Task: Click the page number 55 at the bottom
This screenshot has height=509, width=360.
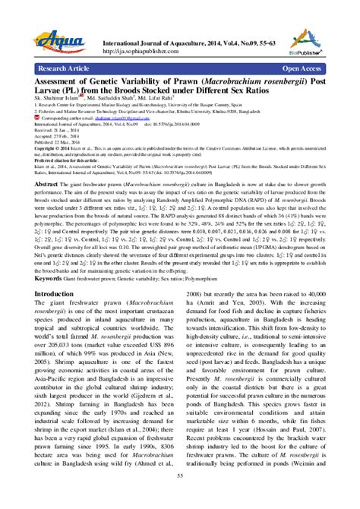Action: (180, 496)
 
